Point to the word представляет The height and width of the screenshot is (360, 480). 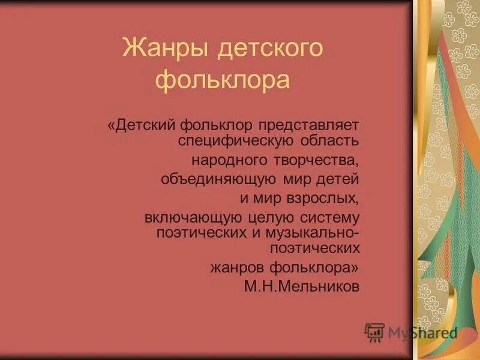point(309,127)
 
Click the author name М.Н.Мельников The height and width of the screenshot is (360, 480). point(302,286)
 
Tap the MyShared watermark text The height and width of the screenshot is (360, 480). point(422,333)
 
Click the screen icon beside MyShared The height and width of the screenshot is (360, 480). point(374,332)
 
